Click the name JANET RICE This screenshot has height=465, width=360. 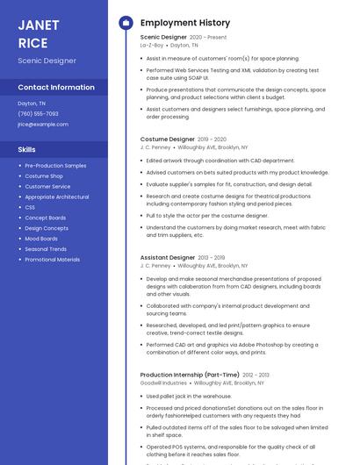point(33,33)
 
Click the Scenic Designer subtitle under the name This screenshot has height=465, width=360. point(47,61)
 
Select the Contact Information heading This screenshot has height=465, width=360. point(56,87)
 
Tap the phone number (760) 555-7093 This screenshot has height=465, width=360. point(38,113)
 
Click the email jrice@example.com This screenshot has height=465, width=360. point(43,124)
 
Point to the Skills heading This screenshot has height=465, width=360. point(26,149)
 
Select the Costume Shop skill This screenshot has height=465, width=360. point(44,175)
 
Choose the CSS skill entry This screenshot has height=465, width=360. point(30,207)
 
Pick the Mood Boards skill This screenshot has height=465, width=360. point(41,239)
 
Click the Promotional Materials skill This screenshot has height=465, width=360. point(52,260)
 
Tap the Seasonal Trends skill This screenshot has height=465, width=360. point(46,249)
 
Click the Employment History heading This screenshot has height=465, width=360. point(185,23)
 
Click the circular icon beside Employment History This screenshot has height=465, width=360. point(126,23)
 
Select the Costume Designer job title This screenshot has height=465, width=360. point(168,139)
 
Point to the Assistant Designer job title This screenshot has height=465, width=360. point(168,257)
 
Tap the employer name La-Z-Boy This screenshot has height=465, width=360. point(152,44)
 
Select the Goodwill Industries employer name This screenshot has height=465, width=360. point(163,383)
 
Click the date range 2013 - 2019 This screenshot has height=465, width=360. point(212,257)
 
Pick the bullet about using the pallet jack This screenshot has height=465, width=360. point(189,396)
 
